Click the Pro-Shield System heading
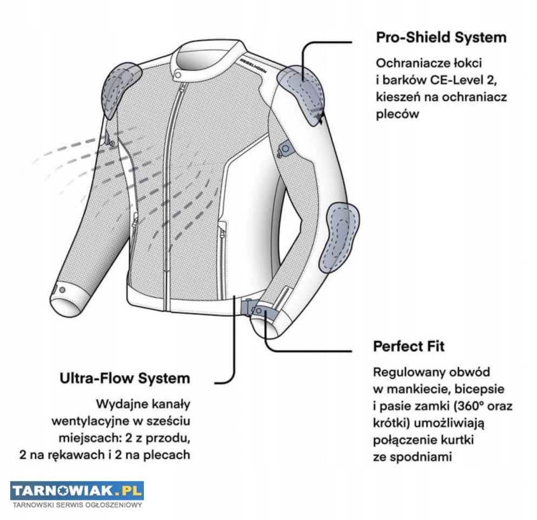[x=441, y=38]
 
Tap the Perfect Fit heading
[x=409, y=346]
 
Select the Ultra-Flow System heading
[x=125, y=378]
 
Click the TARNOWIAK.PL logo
[x=77, y=491]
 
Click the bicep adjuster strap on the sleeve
[x=283, y=147]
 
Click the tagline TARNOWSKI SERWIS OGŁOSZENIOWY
[x=77, y=506]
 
